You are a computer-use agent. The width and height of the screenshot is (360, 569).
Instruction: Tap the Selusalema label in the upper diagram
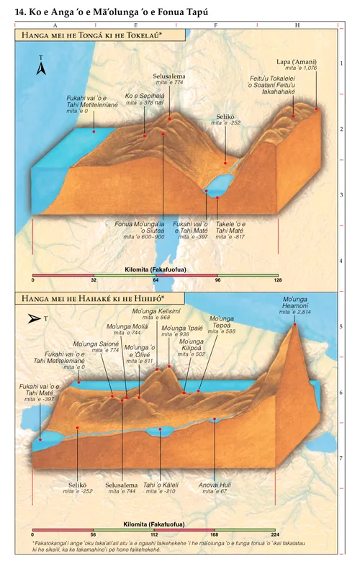pos(168,76)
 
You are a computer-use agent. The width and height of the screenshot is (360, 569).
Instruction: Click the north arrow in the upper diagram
pos(42,68)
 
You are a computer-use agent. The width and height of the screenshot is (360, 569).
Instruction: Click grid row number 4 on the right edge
pos(341,261)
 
